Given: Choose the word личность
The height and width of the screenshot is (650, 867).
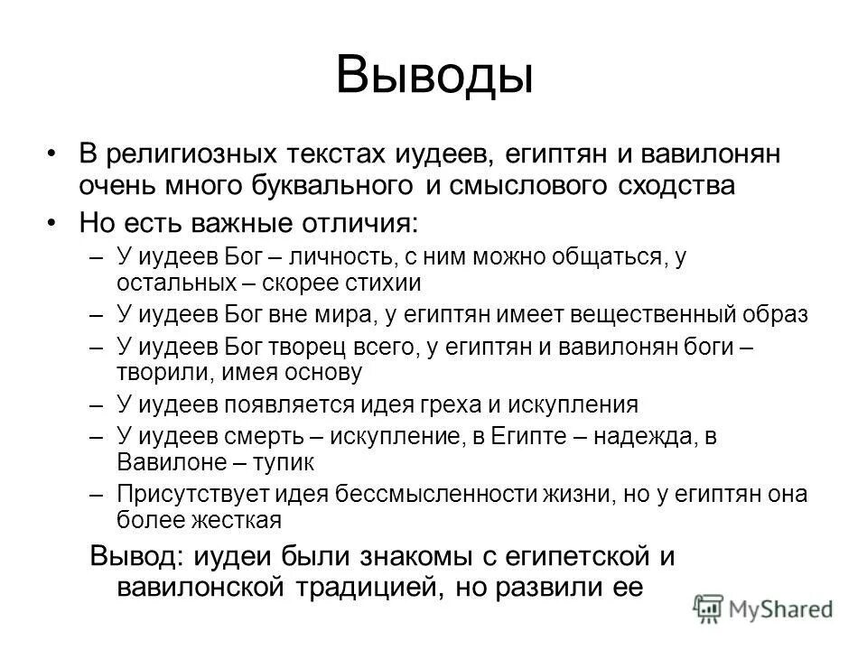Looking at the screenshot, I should [332, 256].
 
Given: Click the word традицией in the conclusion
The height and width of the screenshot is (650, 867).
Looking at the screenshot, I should [360, 587].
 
